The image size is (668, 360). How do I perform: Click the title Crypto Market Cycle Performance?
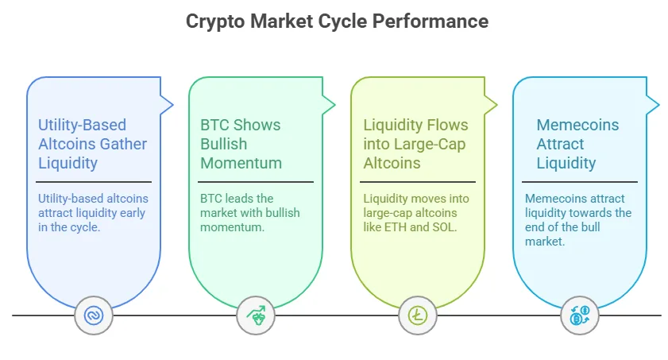coord(337,21)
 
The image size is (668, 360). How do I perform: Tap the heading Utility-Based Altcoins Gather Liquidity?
coord(92,144)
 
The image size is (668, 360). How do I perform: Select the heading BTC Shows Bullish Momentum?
coord(241,144)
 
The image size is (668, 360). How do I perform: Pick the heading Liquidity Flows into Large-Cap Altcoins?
coord(415,144)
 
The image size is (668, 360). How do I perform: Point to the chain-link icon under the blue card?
coord(94,316)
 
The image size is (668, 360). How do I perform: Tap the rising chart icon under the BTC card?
coord(256,316)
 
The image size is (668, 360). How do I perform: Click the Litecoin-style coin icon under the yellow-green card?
coord(417,316)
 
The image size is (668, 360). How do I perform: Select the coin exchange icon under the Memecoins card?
coord(579,316)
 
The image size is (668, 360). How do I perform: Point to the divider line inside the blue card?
coord(95,182)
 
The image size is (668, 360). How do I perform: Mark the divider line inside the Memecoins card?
coord(580,182)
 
